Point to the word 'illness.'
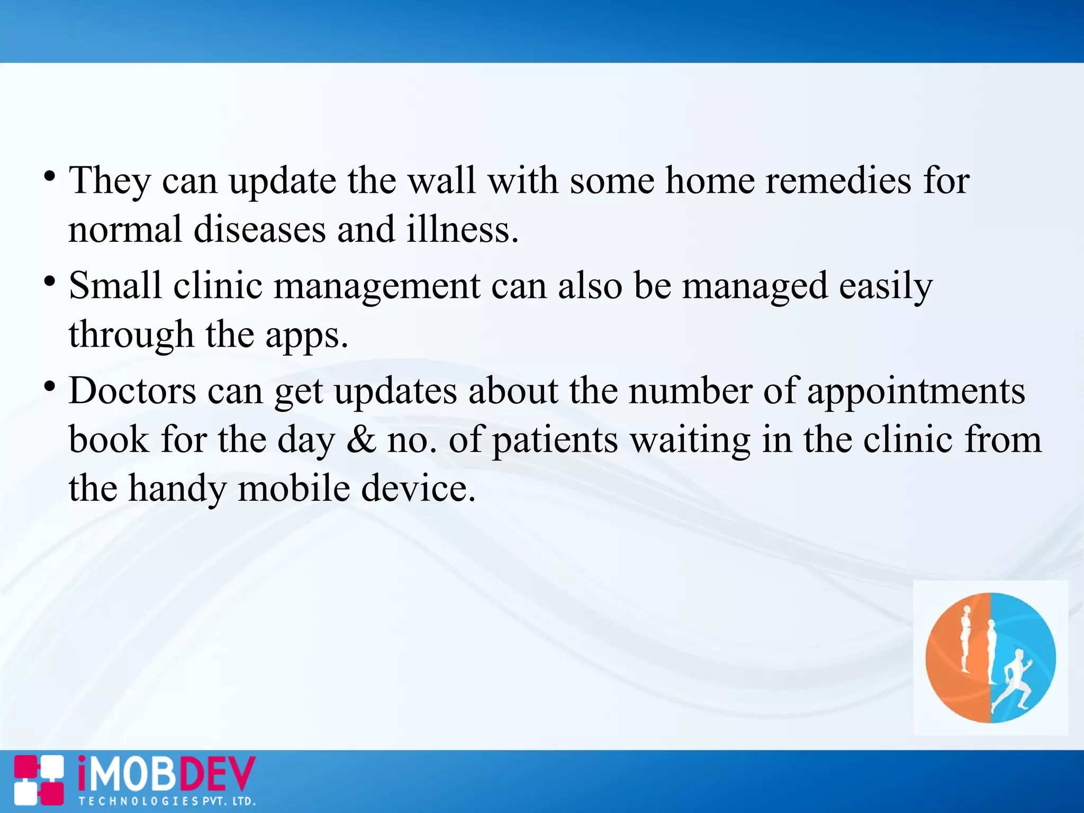pos(463,230)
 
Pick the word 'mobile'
pos(294,489)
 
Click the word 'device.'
pos(418,489)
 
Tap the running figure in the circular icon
pos(1012,680)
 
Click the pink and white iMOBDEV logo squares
pos(39,781)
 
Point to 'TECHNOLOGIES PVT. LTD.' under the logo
pos(167,801)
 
